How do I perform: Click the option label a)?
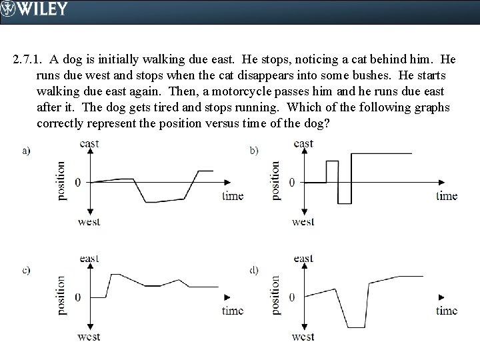tap(27, 151)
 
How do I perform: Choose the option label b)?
tap(255, 151)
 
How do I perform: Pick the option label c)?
tap(27, 270)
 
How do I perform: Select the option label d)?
tap(255, 270)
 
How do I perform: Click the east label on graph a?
tap(89, 143)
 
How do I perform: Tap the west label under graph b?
tap(303, 221)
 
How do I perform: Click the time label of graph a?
tap(233, 195)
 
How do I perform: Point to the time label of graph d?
tap(447, 310)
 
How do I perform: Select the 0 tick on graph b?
tap(291, 182)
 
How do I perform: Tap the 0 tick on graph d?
tap(291, 297)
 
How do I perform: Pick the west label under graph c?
tap(89, 337)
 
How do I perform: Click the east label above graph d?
tap(303, 259)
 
